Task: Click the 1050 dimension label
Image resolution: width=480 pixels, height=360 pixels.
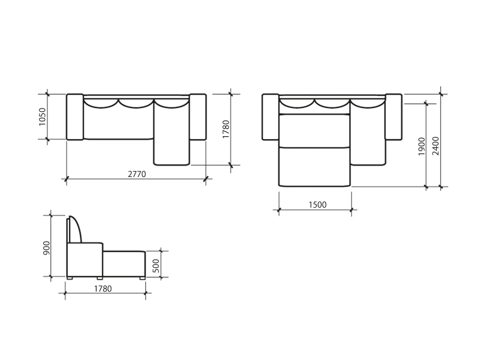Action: coord(43,116)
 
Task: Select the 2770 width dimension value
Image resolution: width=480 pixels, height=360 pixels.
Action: coord(137,174)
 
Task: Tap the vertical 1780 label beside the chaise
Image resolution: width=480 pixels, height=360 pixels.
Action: coord(226,129)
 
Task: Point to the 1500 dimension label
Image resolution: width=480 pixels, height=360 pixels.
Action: coord(317,205)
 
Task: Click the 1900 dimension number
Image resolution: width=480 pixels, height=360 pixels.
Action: coord(422,146)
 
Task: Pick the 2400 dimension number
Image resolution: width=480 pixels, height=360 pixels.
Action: coord(436,146)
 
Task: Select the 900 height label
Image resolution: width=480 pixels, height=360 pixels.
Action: coord(47,248)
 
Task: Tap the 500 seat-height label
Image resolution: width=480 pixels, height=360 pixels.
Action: coord(156,266)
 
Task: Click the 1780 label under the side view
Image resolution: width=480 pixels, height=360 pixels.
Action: coord(103,289)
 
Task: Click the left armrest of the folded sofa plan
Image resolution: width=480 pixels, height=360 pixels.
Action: coord(75,117)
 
